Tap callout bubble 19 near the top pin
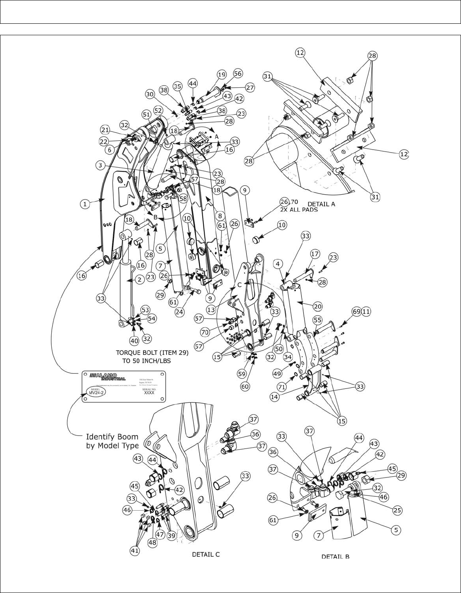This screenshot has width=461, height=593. [x=221, y=75]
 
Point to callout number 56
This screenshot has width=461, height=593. [x=238, y=73]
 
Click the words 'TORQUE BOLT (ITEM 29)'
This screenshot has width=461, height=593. [x=152, y=353]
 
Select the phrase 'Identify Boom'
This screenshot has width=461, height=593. [x=112, y=436]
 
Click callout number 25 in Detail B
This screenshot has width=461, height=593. [x=397, y=511]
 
